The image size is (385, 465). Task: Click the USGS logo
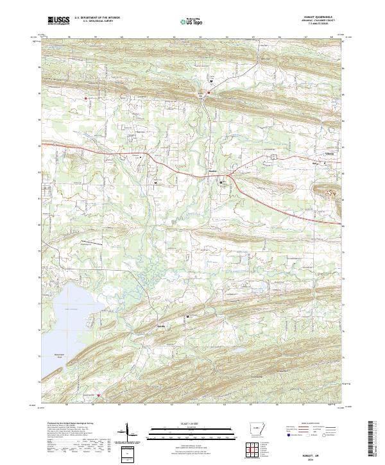pyautogui.click(x=58, y=20)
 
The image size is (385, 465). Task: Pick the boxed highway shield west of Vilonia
pyautogui.click(x=273, y=156)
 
